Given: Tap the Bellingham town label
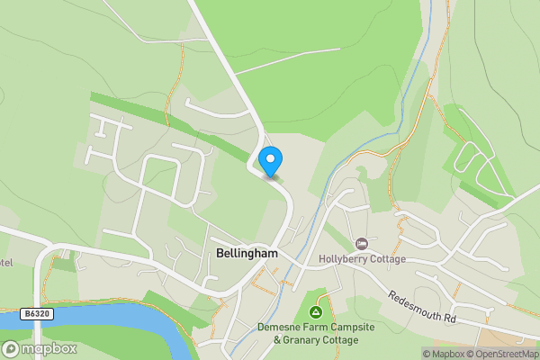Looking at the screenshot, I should pos(247,254).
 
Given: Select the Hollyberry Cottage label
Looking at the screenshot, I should pos(363,259).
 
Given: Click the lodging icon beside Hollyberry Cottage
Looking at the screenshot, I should pos(362,243).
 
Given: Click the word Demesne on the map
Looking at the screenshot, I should pos(279,327).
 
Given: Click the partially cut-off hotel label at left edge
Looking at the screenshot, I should pos(5,263).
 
